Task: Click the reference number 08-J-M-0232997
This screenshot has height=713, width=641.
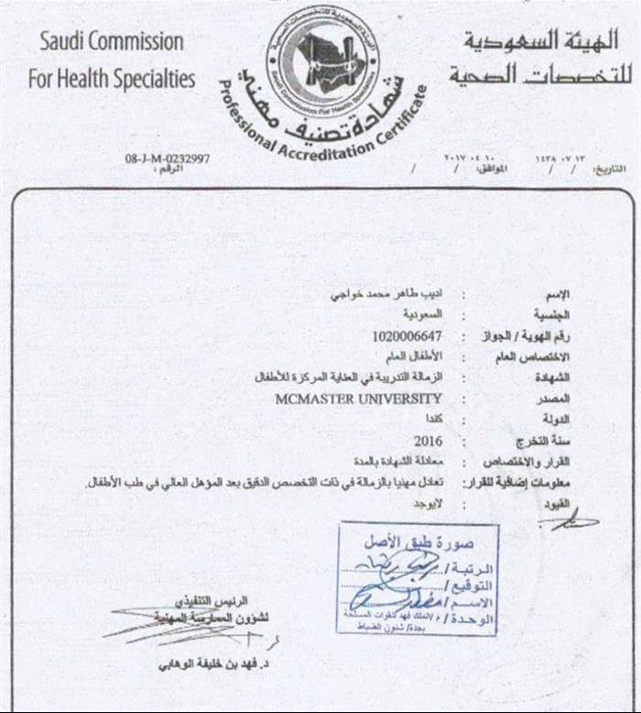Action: (167, 159)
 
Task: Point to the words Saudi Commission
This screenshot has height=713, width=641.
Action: (111, 41)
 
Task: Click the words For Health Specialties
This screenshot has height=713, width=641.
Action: (111, 79)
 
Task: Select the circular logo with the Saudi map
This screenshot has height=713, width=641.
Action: (321, 52)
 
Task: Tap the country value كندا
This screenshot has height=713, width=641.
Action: (433, 420)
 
